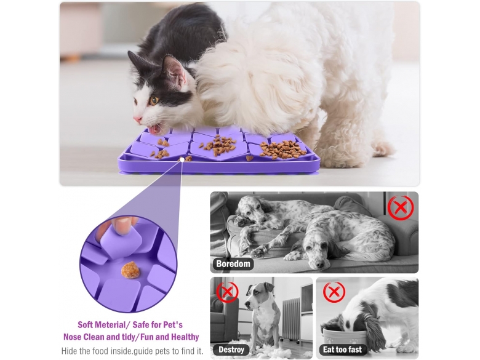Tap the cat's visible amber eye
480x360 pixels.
coord(154,100)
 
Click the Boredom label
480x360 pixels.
coord(233,263)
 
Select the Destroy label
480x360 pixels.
coord(231,350)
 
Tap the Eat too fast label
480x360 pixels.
coord(342,350)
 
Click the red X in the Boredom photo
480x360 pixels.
coord(401,208)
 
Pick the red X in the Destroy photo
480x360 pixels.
coord(227,292)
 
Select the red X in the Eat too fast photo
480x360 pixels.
coord(334,292)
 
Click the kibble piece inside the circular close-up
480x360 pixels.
coord(130,270)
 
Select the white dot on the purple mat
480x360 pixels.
coord(182,159)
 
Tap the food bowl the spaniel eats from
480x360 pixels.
coord(345,336)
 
